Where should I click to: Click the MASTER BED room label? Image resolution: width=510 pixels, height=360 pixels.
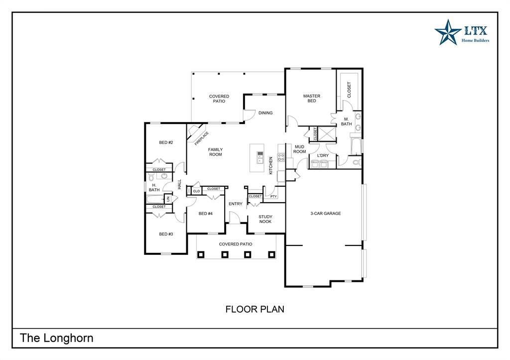[312, 98]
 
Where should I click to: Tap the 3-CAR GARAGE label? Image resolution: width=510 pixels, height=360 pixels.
[326, 213]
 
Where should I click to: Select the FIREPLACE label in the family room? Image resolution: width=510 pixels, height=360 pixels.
[202, 138]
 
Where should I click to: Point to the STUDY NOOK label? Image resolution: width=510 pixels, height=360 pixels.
[265, 219]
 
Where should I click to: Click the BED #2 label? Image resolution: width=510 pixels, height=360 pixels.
[166, 142]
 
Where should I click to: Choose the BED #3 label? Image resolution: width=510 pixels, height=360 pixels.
[166, 234]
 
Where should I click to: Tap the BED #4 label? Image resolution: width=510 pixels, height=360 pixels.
[206, 214]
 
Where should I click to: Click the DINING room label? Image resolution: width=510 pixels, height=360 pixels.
[265, 113]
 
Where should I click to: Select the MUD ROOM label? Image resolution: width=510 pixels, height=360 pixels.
[299, 149]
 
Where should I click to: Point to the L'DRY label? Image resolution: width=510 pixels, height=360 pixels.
[323, 155]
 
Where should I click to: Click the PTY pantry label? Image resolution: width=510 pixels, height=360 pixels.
[273, 196]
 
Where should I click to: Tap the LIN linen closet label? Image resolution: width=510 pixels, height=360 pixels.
[168, 198]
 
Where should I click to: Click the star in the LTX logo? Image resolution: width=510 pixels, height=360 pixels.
[448, 32]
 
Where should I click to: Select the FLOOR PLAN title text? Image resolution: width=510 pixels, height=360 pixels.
[255, 309]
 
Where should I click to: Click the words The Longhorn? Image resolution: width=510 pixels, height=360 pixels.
[57, 338]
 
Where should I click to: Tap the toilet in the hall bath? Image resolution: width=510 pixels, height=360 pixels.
[151, 177]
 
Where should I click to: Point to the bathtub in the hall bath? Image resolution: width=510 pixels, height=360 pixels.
[156, 199]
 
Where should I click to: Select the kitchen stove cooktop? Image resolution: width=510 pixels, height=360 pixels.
[281, 157]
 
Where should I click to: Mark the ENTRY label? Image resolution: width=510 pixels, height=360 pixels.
[236, 204]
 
